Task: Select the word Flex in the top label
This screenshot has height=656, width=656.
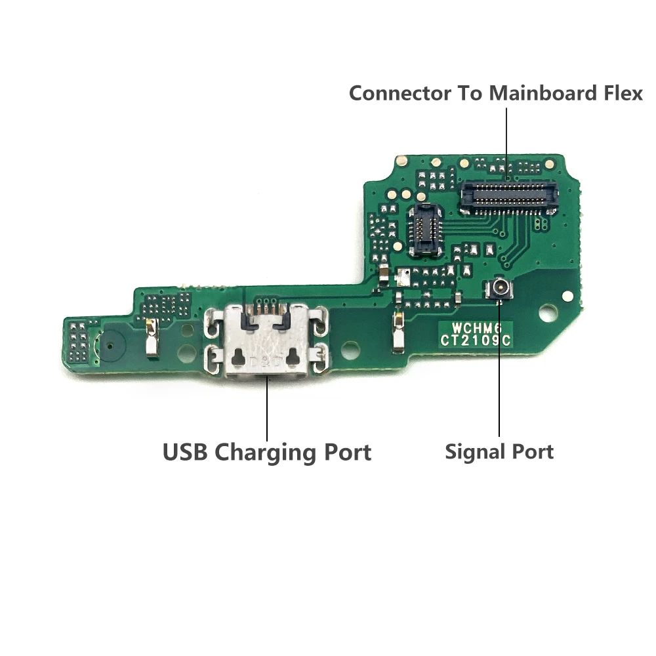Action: tap(620, 93)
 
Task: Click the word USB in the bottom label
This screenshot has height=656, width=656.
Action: tap(186, 452)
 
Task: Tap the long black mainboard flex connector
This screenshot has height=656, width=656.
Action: tap(508, 196)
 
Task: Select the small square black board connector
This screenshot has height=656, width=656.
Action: tap(424, 229)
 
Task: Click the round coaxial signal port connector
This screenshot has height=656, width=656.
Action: tap(499, 289)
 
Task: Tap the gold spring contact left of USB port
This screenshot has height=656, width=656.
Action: tap(152, 337)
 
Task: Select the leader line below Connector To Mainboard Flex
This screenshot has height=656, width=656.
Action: tap(507, 141)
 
